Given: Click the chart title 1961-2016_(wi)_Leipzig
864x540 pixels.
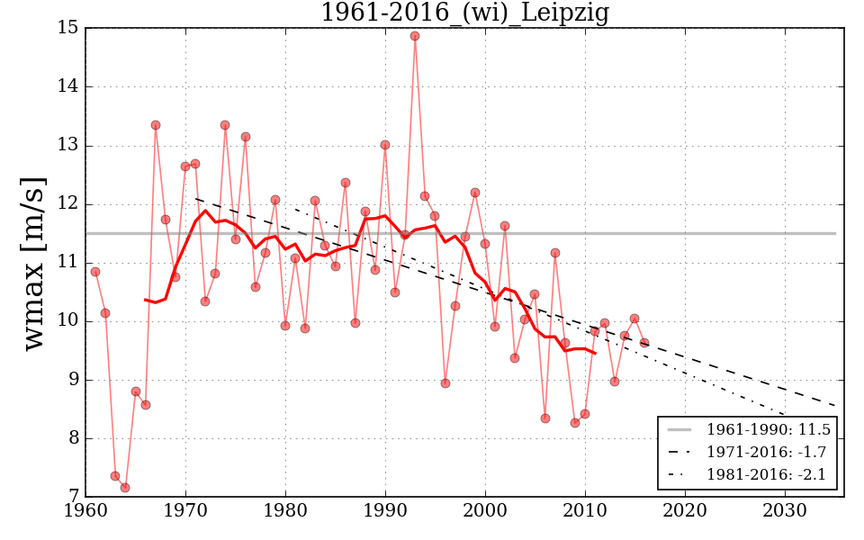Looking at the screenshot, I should [464, 13].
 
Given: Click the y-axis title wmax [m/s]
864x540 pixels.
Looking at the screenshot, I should [34, 262].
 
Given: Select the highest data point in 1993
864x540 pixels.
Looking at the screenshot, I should [415, 36].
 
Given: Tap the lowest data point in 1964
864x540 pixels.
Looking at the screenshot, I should [125, 488].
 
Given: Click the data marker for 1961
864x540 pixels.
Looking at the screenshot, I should [95, 272].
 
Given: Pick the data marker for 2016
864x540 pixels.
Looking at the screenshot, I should [644, 343].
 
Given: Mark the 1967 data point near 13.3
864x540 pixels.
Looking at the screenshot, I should [156, 125].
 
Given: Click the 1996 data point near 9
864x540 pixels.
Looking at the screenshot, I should [445, 383].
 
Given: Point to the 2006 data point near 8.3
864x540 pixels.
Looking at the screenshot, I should [545, 418].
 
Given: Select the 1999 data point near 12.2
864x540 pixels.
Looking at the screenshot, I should [475, 193].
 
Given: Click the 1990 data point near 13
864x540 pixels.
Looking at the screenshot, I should [385, 145].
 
